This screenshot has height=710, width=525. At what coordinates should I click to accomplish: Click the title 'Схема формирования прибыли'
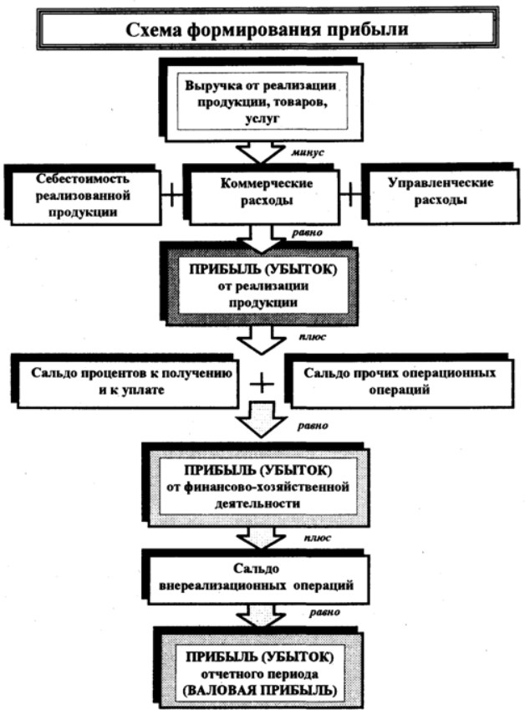(267, 30)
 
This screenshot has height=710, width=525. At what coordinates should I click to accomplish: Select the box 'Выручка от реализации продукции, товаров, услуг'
(262, 100)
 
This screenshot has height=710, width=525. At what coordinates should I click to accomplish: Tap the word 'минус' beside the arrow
(308, 152)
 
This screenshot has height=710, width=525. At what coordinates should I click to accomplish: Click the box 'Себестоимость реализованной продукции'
(83, 195)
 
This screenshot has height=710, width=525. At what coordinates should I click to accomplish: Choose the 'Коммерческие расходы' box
(264, 194)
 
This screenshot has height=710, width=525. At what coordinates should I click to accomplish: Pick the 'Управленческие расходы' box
(441, 192)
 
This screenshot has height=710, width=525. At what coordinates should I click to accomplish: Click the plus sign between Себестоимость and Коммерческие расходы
(172, 195)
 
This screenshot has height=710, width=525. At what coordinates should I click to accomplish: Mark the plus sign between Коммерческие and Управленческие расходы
(351, 195)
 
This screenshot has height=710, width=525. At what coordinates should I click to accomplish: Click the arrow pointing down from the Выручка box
(261, 152)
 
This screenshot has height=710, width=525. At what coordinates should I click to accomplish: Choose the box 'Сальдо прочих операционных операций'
(399, 381)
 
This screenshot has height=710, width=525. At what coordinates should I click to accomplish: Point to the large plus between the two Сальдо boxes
(262, 385)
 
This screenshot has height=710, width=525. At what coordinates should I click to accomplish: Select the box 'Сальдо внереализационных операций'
(256, 577)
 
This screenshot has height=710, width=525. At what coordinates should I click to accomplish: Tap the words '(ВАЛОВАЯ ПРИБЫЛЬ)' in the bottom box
(260, 690)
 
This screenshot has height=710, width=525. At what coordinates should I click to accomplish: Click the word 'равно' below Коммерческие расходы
(308, 232)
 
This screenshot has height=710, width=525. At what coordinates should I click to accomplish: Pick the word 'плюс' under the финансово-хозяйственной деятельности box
(318, 538)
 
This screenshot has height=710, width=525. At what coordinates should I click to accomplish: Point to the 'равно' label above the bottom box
(325, 612)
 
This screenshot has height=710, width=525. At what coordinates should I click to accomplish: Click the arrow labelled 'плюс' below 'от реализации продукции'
(261, 340)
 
